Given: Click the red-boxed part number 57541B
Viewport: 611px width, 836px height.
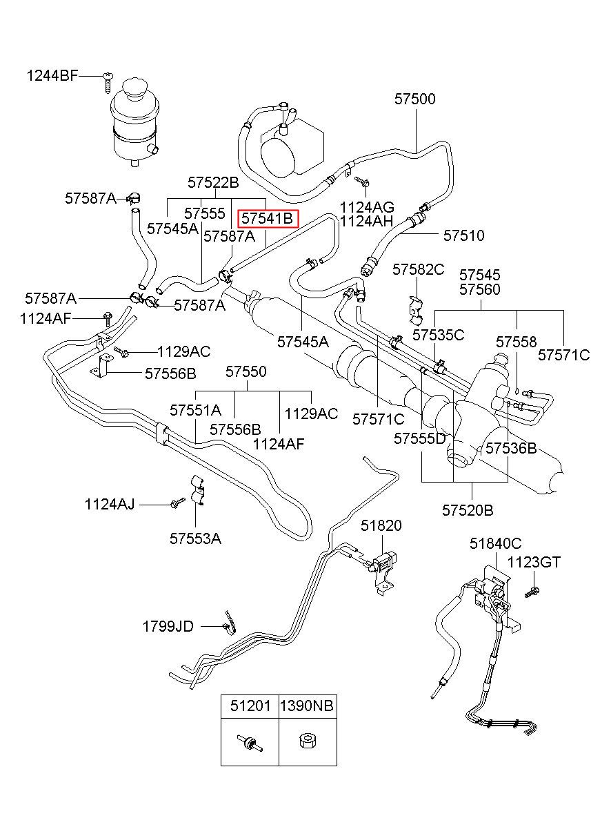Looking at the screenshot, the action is (x=268, y=218).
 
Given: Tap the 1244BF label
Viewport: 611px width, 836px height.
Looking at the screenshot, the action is (x=52, y=76).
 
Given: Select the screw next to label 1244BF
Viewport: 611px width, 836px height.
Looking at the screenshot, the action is (x=108, y=83).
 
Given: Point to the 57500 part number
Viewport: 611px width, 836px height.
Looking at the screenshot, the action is (x=414, y=99).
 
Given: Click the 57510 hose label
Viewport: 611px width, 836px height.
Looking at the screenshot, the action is (x=463, y=235).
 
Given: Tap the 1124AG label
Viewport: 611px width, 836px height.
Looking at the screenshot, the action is (x=366, y=207).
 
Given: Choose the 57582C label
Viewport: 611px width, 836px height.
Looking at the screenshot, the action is (x=418, y=269).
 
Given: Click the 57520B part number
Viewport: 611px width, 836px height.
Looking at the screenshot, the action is (x=468, y=510).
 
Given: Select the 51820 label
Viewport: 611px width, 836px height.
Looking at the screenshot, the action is (x=381, y=525).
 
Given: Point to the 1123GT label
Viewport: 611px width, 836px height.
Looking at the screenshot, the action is (x=534, y=562).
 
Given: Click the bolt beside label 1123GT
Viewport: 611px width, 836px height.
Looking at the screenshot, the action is (x=532, y=592).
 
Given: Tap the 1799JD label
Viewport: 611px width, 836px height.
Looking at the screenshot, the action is (x=168, y=626).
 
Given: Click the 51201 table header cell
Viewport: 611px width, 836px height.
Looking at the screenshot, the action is (x=250, y=706).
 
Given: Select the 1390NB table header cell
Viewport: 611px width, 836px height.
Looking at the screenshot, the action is (x=308, y=706).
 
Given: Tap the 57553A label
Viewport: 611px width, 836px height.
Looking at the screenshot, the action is (x=195, y=538).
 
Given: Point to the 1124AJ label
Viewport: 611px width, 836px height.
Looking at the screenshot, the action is (x=109, y=504).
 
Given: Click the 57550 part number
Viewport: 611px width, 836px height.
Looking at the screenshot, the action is (x=246, y=371).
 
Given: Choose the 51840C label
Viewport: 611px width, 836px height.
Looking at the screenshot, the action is (x=495, y=543).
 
